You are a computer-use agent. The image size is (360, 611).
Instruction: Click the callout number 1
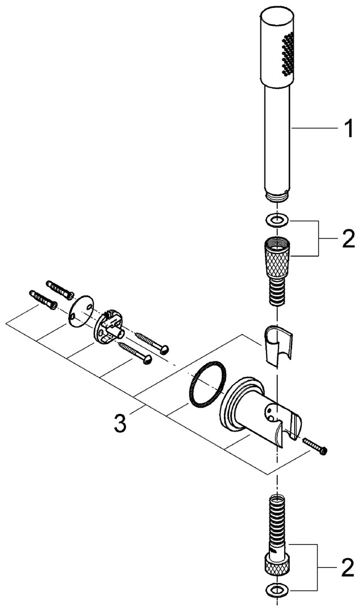(348, 129)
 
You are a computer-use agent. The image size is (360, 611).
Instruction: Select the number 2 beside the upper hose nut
(347, 239)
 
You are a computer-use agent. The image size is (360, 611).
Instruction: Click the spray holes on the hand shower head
(288, 54)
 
